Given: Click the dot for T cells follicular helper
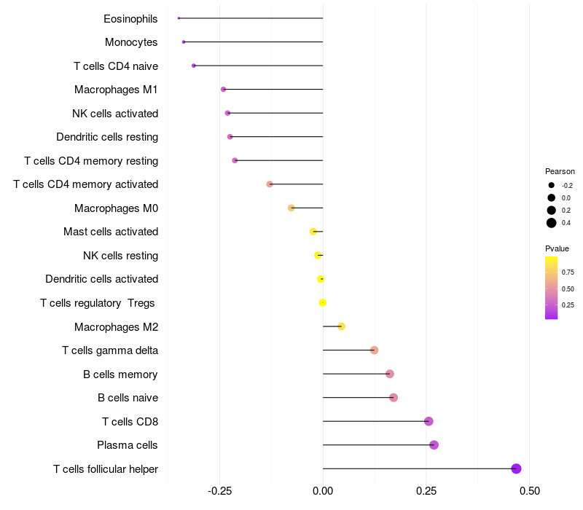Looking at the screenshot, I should point(516,468).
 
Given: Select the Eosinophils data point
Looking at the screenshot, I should point(179,18).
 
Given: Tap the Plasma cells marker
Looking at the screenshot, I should point(434,445).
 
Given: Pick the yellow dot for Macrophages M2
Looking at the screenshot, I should point(341,326).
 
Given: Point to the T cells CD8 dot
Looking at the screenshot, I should point(429,421).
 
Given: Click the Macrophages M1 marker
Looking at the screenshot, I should point(223,90).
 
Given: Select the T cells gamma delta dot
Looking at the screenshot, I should point(374,350).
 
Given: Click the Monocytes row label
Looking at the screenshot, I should point(131,42).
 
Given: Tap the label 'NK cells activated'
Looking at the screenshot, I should point(115,114).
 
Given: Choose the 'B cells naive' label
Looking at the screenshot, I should point(128,398).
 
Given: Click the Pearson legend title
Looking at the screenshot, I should point(560,171).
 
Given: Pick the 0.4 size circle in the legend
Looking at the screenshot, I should point(552,223).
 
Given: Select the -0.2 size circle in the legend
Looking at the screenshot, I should point(552,185).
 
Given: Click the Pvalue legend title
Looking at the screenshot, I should point(557,248).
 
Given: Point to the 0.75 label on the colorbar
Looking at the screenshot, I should point(568,272).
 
